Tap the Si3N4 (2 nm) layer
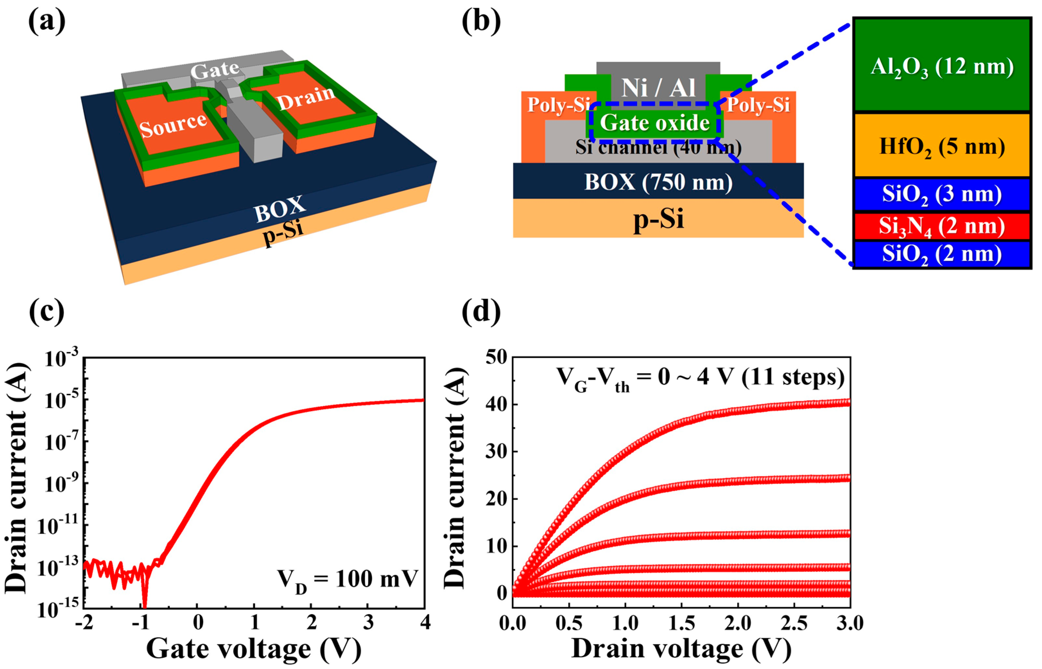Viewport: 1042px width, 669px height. click(x=942, y=226)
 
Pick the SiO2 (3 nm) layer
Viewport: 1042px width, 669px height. click(x=942, y=194)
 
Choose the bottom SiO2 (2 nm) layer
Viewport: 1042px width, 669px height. click(x=942, y=254)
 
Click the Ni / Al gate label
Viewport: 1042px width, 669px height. click(x=658, y=88)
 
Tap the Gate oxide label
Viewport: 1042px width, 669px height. click(x=655, y=123)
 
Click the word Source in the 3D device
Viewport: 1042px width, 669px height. click(x=173, y=125)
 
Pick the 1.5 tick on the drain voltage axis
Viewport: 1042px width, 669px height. click(x=682, y=623)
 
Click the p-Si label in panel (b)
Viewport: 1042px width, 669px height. click(x=658, y=218)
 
